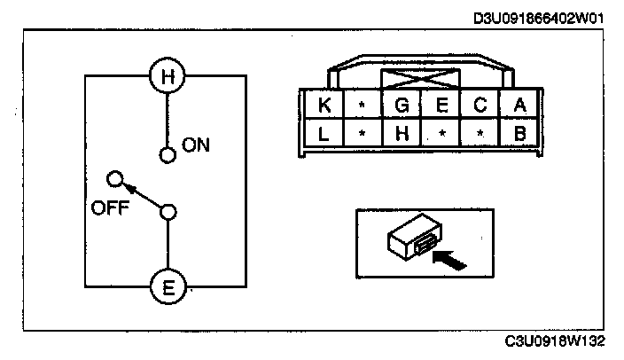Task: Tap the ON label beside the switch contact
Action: click(196, 145)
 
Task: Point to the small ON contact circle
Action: click(166, 156)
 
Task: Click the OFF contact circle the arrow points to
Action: click(113, 179)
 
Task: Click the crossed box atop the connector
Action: click(420, 78)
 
